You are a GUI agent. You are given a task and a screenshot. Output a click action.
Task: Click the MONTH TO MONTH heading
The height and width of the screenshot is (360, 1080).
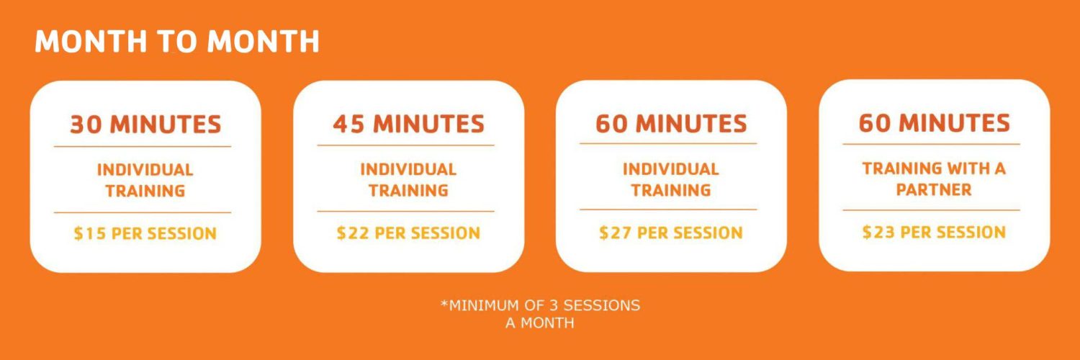pyautogui.click(x=177, y=41)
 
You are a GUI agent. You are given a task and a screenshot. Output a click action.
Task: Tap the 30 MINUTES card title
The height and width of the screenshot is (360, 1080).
pyautogui.click(x=145, y=124)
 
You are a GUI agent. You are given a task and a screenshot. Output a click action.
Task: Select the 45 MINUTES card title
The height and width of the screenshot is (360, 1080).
pyautogui.click(x=408, y=123)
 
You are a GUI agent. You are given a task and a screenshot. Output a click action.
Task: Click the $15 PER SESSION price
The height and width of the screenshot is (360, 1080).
pyautogui.click(x=145, y=233)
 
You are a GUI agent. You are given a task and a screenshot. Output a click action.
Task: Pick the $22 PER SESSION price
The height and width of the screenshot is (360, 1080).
pyautogui.click(x=408, y=233)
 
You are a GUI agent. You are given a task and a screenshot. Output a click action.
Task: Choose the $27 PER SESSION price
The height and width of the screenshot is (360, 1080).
pyautogui.click(x=670, y=233)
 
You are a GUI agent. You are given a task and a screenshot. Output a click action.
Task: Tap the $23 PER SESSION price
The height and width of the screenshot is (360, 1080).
pyautogui.click(x=934, y=232)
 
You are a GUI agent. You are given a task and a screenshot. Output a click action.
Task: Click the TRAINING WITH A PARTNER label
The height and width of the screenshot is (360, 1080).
pyautogui.click(x=934, y=179)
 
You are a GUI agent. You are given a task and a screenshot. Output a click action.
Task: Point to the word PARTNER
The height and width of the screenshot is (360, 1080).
pyautogui.click(x=934, y=189)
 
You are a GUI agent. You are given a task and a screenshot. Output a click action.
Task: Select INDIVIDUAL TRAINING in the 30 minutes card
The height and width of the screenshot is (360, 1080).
pyautogui.click(x=145, y=180)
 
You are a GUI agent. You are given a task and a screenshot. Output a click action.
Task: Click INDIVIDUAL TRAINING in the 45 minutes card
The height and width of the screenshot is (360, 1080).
pyautogui.click(x=408, y=180)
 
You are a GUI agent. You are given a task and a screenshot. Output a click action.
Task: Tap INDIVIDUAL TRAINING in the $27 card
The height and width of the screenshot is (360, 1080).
pyautogui.click(x=670, y=179)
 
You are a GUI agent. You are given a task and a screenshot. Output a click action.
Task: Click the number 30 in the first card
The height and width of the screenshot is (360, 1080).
pyautogui.click(x=86, y=124)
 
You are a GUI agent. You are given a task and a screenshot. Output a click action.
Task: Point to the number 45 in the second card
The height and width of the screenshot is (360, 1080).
pyautogui.click(x=349, y=123)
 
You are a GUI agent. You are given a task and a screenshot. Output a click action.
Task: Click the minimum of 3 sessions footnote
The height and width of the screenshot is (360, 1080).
pyautogui.click(x=540, y=314)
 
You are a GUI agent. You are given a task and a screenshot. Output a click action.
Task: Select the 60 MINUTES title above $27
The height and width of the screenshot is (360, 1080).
pyautogui.click(x=671, y=123)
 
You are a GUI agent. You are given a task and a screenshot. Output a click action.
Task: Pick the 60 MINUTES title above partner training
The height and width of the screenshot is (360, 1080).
pyautogui.click(x=935, y=122)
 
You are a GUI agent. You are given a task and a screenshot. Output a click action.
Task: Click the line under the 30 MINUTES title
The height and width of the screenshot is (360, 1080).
pyautogui.click(x=143, y=146)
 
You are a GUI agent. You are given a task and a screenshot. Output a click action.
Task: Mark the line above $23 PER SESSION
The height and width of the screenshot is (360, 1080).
pyautogui.click(x=932, y=210)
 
